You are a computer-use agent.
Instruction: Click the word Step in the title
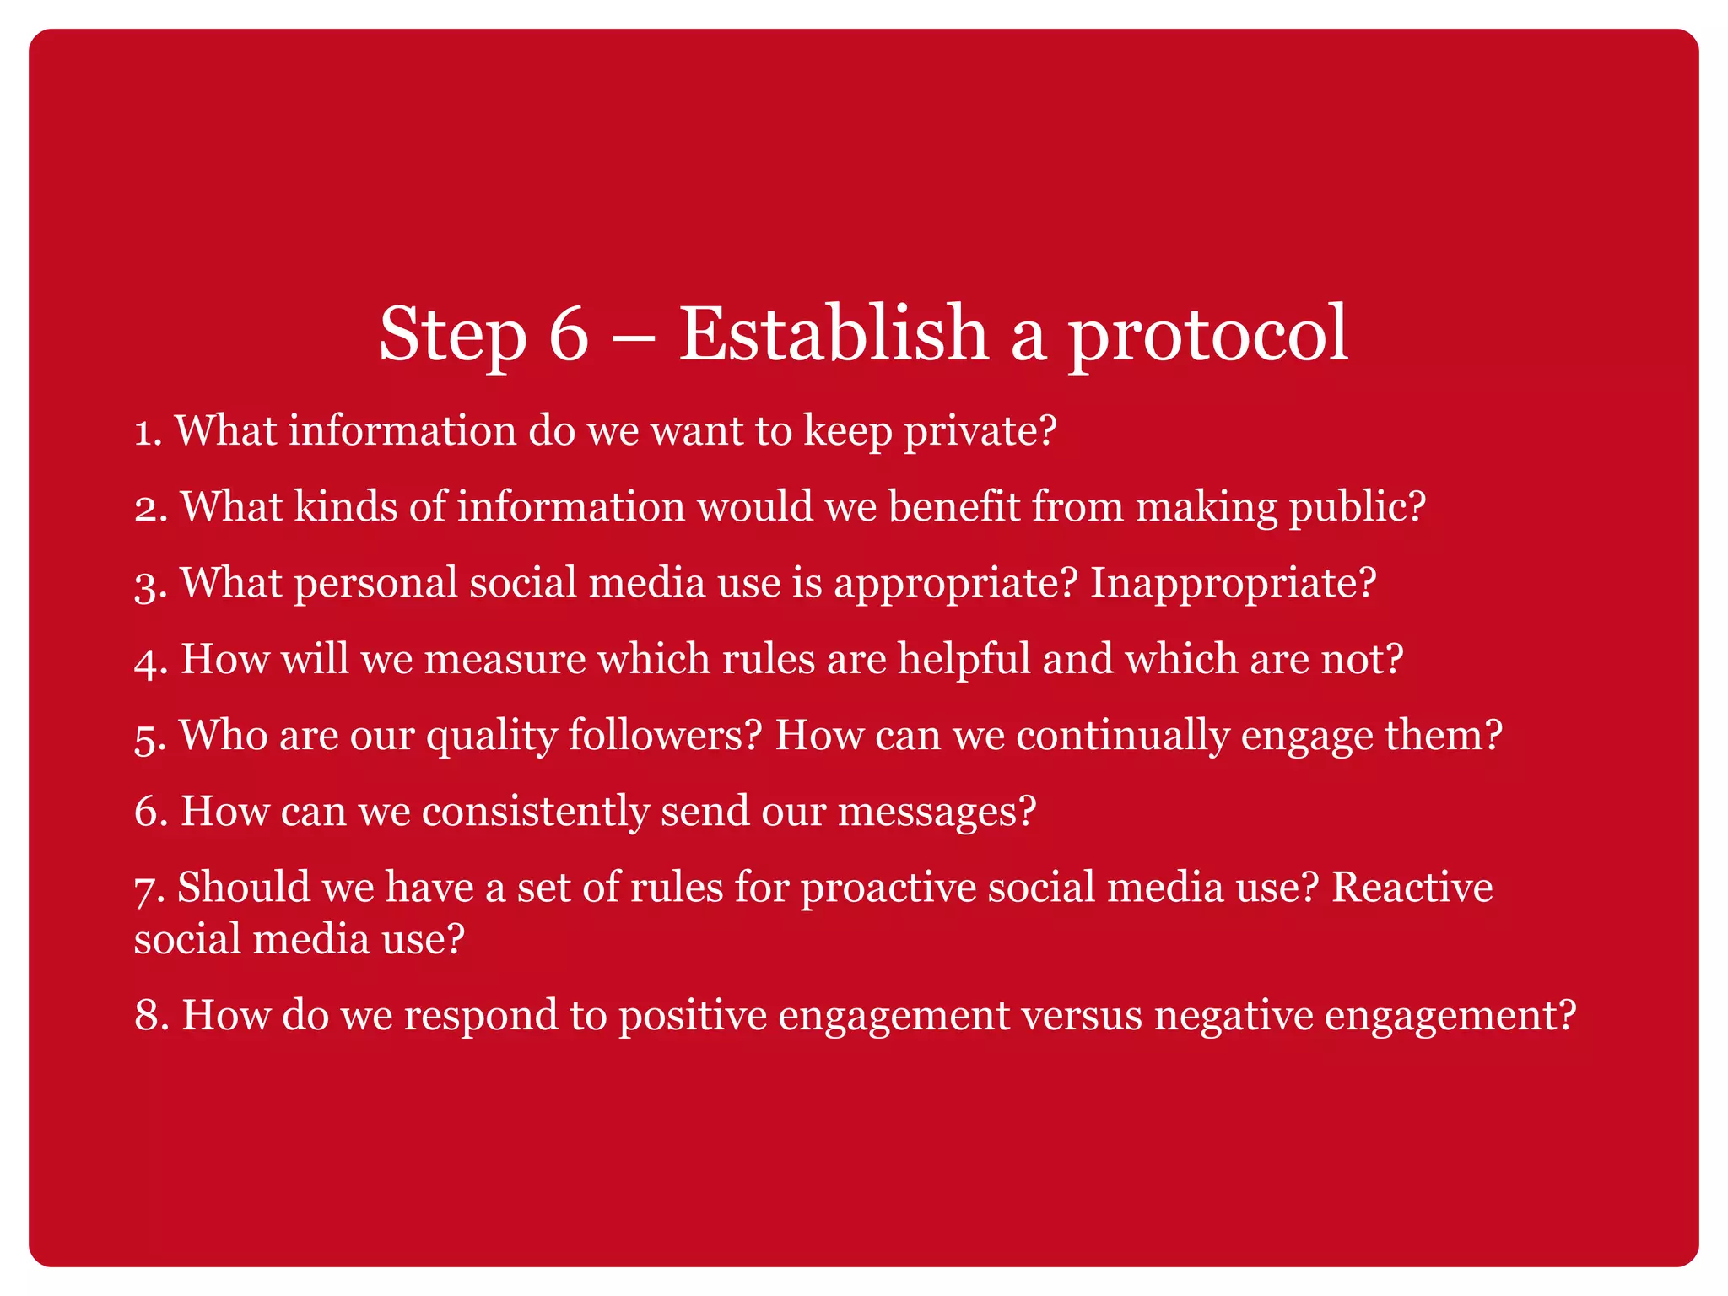[x=452, y=335]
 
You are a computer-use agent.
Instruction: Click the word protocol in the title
[x=1208, y=335]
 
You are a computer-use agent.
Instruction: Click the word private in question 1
[x=980, y=431]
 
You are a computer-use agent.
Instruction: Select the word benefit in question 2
[x=953, y=507]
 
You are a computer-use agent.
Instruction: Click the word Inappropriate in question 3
[x=1233, y=584]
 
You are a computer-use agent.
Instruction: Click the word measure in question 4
[x=505, y=660]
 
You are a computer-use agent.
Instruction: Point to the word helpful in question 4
[x=964, y=660]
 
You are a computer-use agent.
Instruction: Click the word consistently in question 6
[x=535, y=812]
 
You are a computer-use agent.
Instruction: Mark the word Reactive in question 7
[x=1412, y=888]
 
